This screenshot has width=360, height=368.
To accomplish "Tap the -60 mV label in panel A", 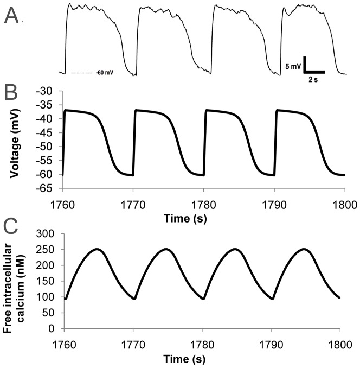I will point(104,72).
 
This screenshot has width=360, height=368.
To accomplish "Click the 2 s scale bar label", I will point(313,79).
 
